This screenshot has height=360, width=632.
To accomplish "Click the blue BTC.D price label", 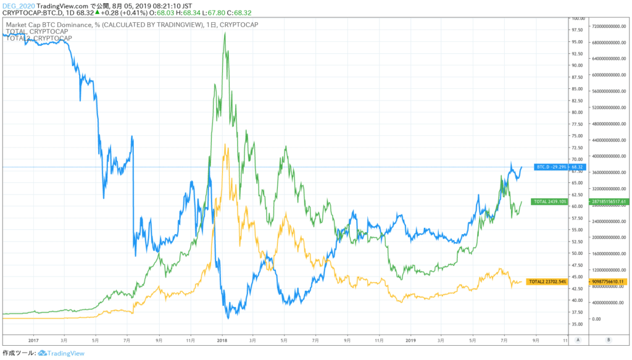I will click(550, 167).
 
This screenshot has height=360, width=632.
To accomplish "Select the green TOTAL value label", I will click(550, 201).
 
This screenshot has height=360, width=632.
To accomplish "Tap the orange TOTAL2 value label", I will click(550, 282).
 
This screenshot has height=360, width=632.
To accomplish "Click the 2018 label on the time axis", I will click(222, 340).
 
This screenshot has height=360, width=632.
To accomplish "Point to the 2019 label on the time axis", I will click(412, 340).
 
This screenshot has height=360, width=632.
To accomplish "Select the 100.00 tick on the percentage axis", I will click(578, 19).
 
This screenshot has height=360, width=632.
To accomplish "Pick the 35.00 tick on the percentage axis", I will click(578, 324).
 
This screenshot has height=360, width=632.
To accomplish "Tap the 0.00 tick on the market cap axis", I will click(597, 319).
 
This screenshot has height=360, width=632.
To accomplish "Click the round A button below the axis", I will click(578, 340).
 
